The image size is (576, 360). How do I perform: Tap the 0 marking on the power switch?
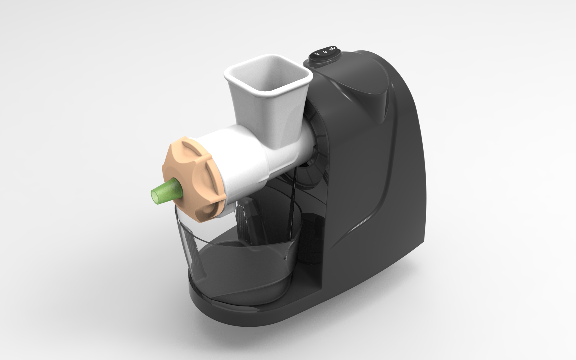coord(324,51)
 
